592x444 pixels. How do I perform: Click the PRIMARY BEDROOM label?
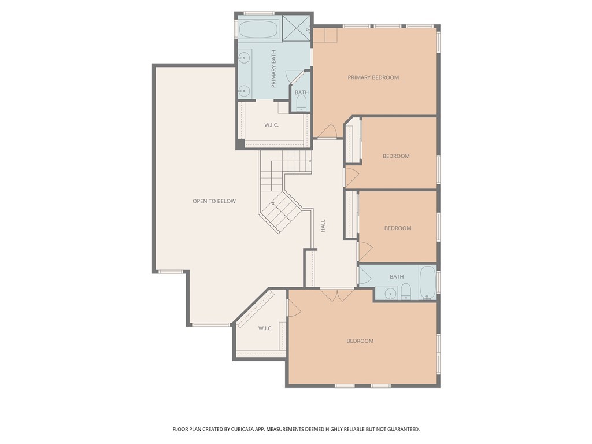(373, 77)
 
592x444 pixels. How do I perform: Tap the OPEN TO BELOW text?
(214, 201)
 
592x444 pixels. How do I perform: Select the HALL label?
(323, 226)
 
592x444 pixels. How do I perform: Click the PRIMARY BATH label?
(273, 69)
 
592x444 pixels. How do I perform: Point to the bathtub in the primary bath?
(258, 29)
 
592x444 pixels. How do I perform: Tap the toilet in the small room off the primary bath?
(301, 103)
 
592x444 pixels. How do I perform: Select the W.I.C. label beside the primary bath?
(272, 125)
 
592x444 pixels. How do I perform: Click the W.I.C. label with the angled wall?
(265, 328)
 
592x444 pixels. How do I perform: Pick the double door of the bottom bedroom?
(337, 295)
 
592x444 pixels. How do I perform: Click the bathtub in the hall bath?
(428, 282)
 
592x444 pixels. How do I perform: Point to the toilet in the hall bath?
(406, 292)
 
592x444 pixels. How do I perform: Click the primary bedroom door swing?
(328, 131)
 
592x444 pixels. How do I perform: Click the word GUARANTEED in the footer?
(405, 430)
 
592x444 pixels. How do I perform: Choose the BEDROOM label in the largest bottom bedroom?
(360, 341)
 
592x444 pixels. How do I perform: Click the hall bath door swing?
(365, 276)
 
